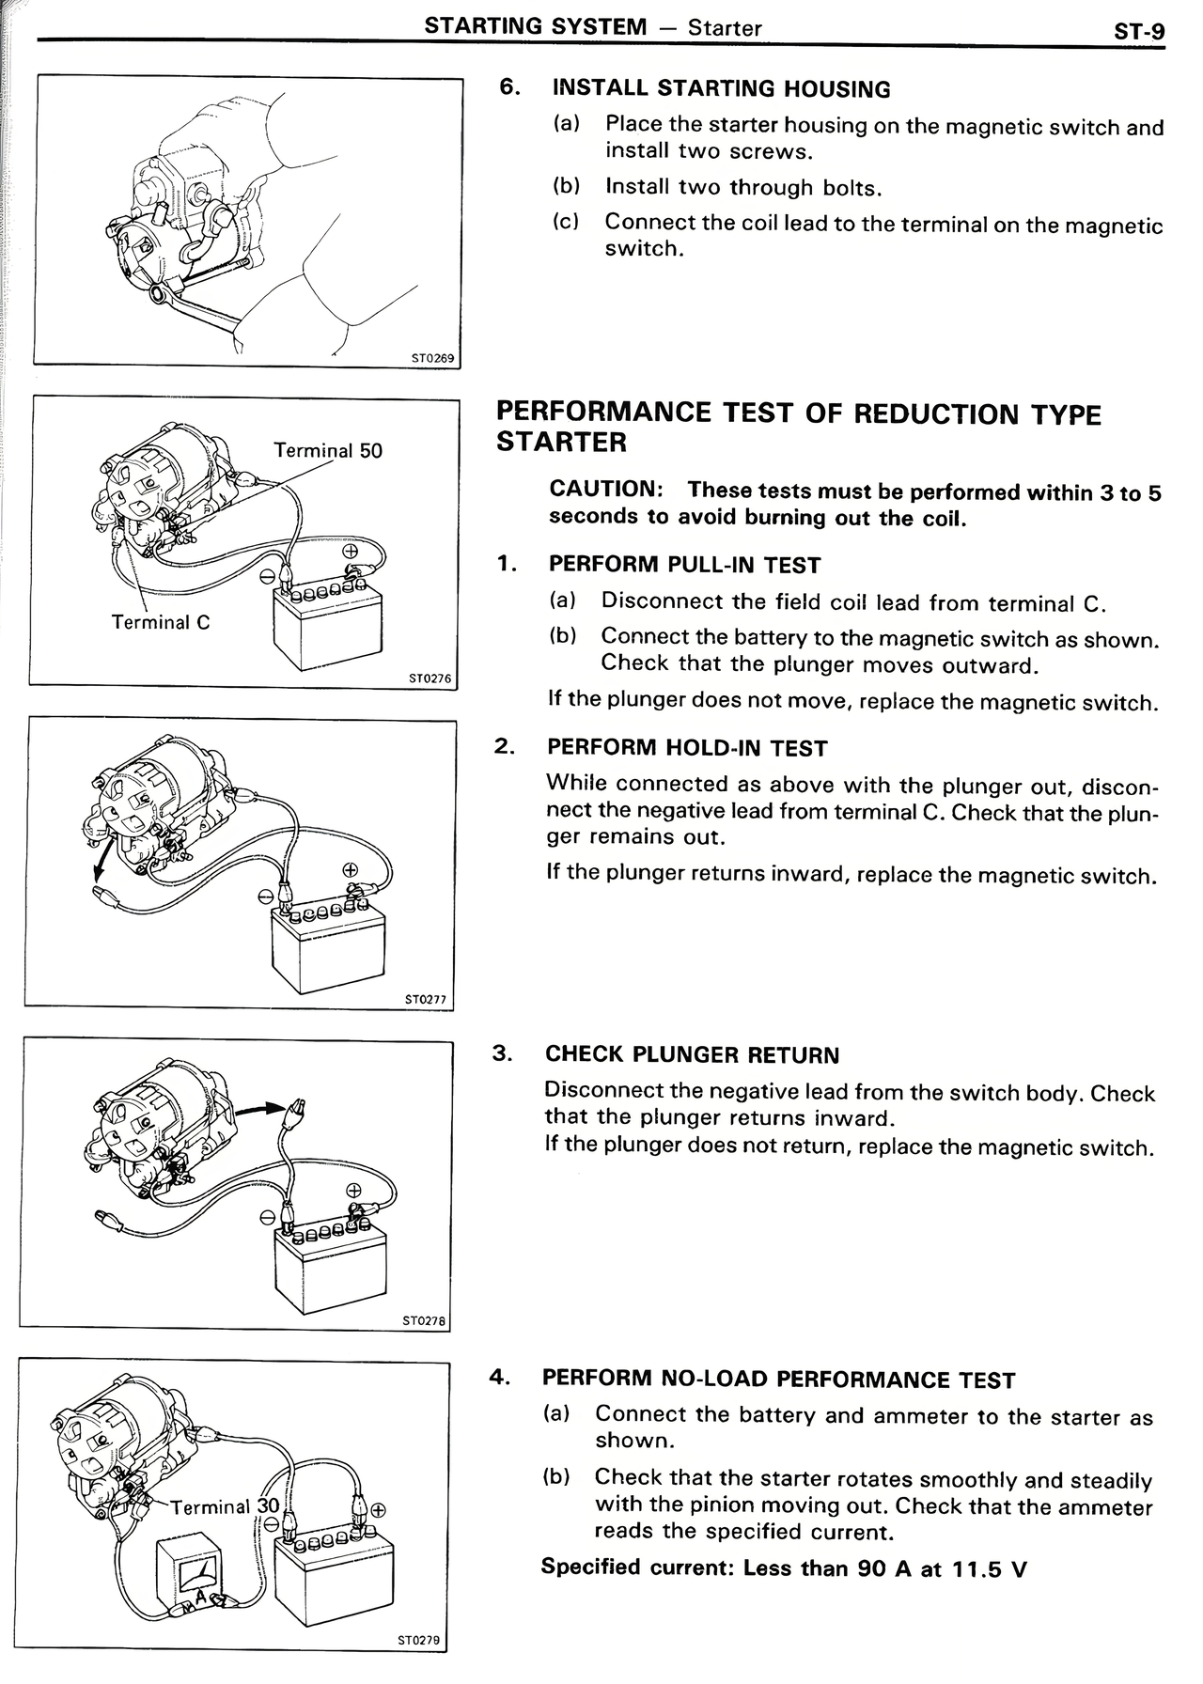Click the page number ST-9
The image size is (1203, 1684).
pos(1138,31)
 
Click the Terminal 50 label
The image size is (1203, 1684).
pos(328,450)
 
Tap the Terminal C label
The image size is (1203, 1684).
pos(161,622)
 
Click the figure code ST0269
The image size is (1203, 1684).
pos(432,358)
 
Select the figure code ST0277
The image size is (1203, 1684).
pos(426,1000)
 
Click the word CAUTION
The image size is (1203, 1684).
pos(606,490)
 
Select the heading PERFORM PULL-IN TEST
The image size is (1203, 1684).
pos(684,565)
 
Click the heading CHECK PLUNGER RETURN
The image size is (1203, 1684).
pos(692,1054)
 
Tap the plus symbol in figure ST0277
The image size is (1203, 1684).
pos(350,869)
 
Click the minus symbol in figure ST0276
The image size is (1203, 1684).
pos(267,572)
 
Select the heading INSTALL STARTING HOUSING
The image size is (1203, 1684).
pos(721,89)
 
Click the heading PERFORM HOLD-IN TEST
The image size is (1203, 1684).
pos(687,748)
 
